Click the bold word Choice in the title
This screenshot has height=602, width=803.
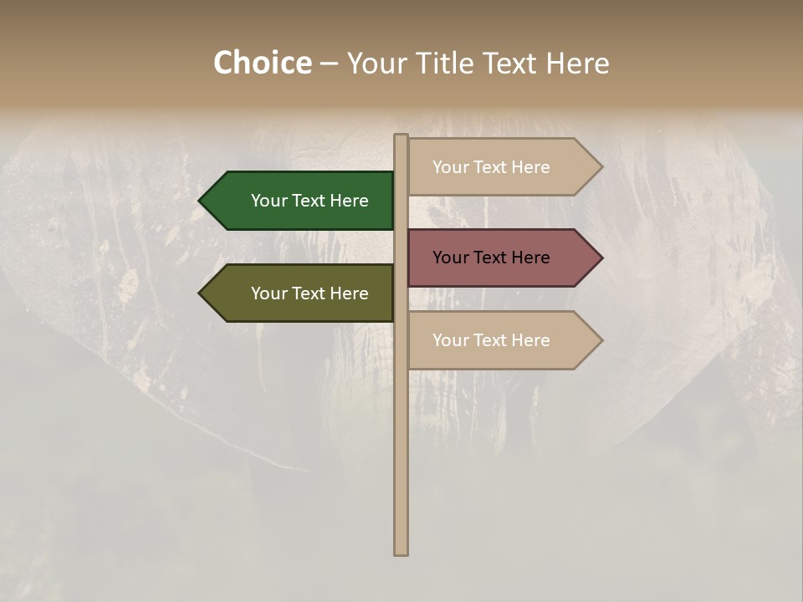pos(262,64)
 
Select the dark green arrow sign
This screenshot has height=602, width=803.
pos(301,201)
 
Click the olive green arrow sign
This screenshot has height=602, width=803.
pos(301,293)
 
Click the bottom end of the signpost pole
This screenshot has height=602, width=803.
pos(401,553)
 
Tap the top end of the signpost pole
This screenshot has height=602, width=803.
pos(401,135)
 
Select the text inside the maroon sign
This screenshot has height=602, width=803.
pos(491,258)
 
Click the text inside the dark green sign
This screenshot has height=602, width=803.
pos(309,201)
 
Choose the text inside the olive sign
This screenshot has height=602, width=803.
pos(309,293)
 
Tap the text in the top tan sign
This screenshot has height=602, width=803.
pos(491,167)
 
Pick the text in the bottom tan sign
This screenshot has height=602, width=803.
pos(491,340)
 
